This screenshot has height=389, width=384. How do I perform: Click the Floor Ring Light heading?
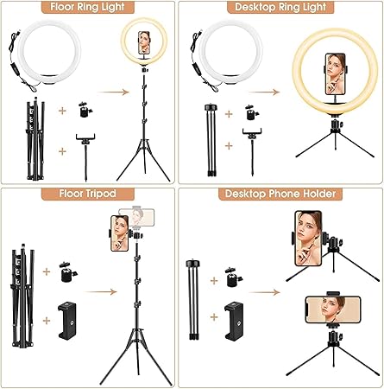[x=88, y=7]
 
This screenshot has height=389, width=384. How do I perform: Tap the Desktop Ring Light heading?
[x=280, y=7]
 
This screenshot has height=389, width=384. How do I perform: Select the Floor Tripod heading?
[x=88, y=194]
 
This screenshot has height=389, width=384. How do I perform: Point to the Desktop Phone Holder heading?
[x=280, y=194]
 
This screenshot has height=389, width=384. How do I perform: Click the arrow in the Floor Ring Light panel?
[x=113, y=92]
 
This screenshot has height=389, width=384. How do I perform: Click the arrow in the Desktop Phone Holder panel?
[x=264, y=292]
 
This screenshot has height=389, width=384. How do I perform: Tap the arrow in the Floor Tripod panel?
[x=101, y=292]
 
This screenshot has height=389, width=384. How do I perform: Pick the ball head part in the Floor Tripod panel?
[x=69, y=271]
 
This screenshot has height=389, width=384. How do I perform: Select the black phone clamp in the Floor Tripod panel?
[x=67, y=320]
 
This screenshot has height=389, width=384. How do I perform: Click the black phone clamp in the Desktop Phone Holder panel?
[x=234, y=321]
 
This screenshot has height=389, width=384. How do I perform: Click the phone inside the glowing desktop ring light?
[x=335, y=74]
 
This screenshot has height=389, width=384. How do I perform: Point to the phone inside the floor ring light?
[x=144, y=42]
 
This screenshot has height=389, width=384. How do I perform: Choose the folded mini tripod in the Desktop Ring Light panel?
[x=211, y=140]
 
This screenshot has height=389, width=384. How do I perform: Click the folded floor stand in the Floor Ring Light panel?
[x=35, y=139]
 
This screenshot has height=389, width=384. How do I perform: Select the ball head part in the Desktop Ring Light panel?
[x=252, y=112]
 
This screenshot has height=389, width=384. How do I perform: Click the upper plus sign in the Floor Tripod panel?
[x=47, y=271]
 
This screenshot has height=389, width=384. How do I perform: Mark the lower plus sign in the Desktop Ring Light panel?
[x=229, y=146]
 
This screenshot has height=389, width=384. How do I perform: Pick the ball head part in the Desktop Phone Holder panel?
[x=234, y=277]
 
